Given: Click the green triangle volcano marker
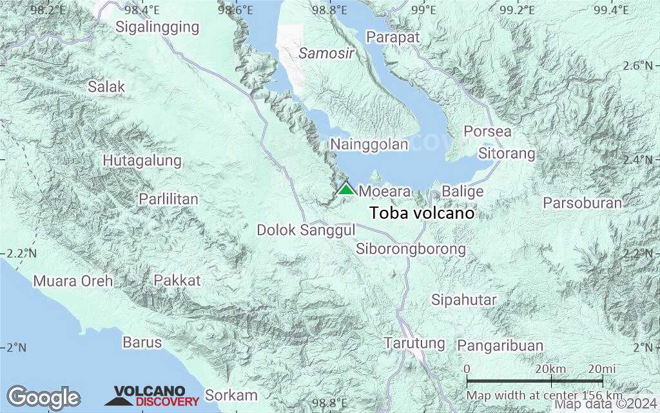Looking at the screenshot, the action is pos(346,189).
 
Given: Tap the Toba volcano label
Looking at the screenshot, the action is pos(422,213).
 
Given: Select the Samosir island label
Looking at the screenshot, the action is pos(326,54).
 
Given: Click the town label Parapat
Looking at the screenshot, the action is pos(393,37).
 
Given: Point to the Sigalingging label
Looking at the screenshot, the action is pos(157,26).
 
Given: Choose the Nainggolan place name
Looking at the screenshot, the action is pos(369,144).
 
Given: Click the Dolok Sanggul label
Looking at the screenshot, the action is pos(306,230).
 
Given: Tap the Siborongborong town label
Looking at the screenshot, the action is pos(411,248).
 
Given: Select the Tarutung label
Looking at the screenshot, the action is pos(414,343).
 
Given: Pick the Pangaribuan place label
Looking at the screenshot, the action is pos(500,345).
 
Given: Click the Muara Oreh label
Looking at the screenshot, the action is pos(73,281).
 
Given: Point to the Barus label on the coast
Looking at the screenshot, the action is pos(142,342).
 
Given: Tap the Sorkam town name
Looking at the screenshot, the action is pos(231,395).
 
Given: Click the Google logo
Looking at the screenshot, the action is pos(43,397).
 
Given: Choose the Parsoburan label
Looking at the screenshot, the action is pos(582,203).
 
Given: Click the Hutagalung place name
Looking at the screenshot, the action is pos(142,160).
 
